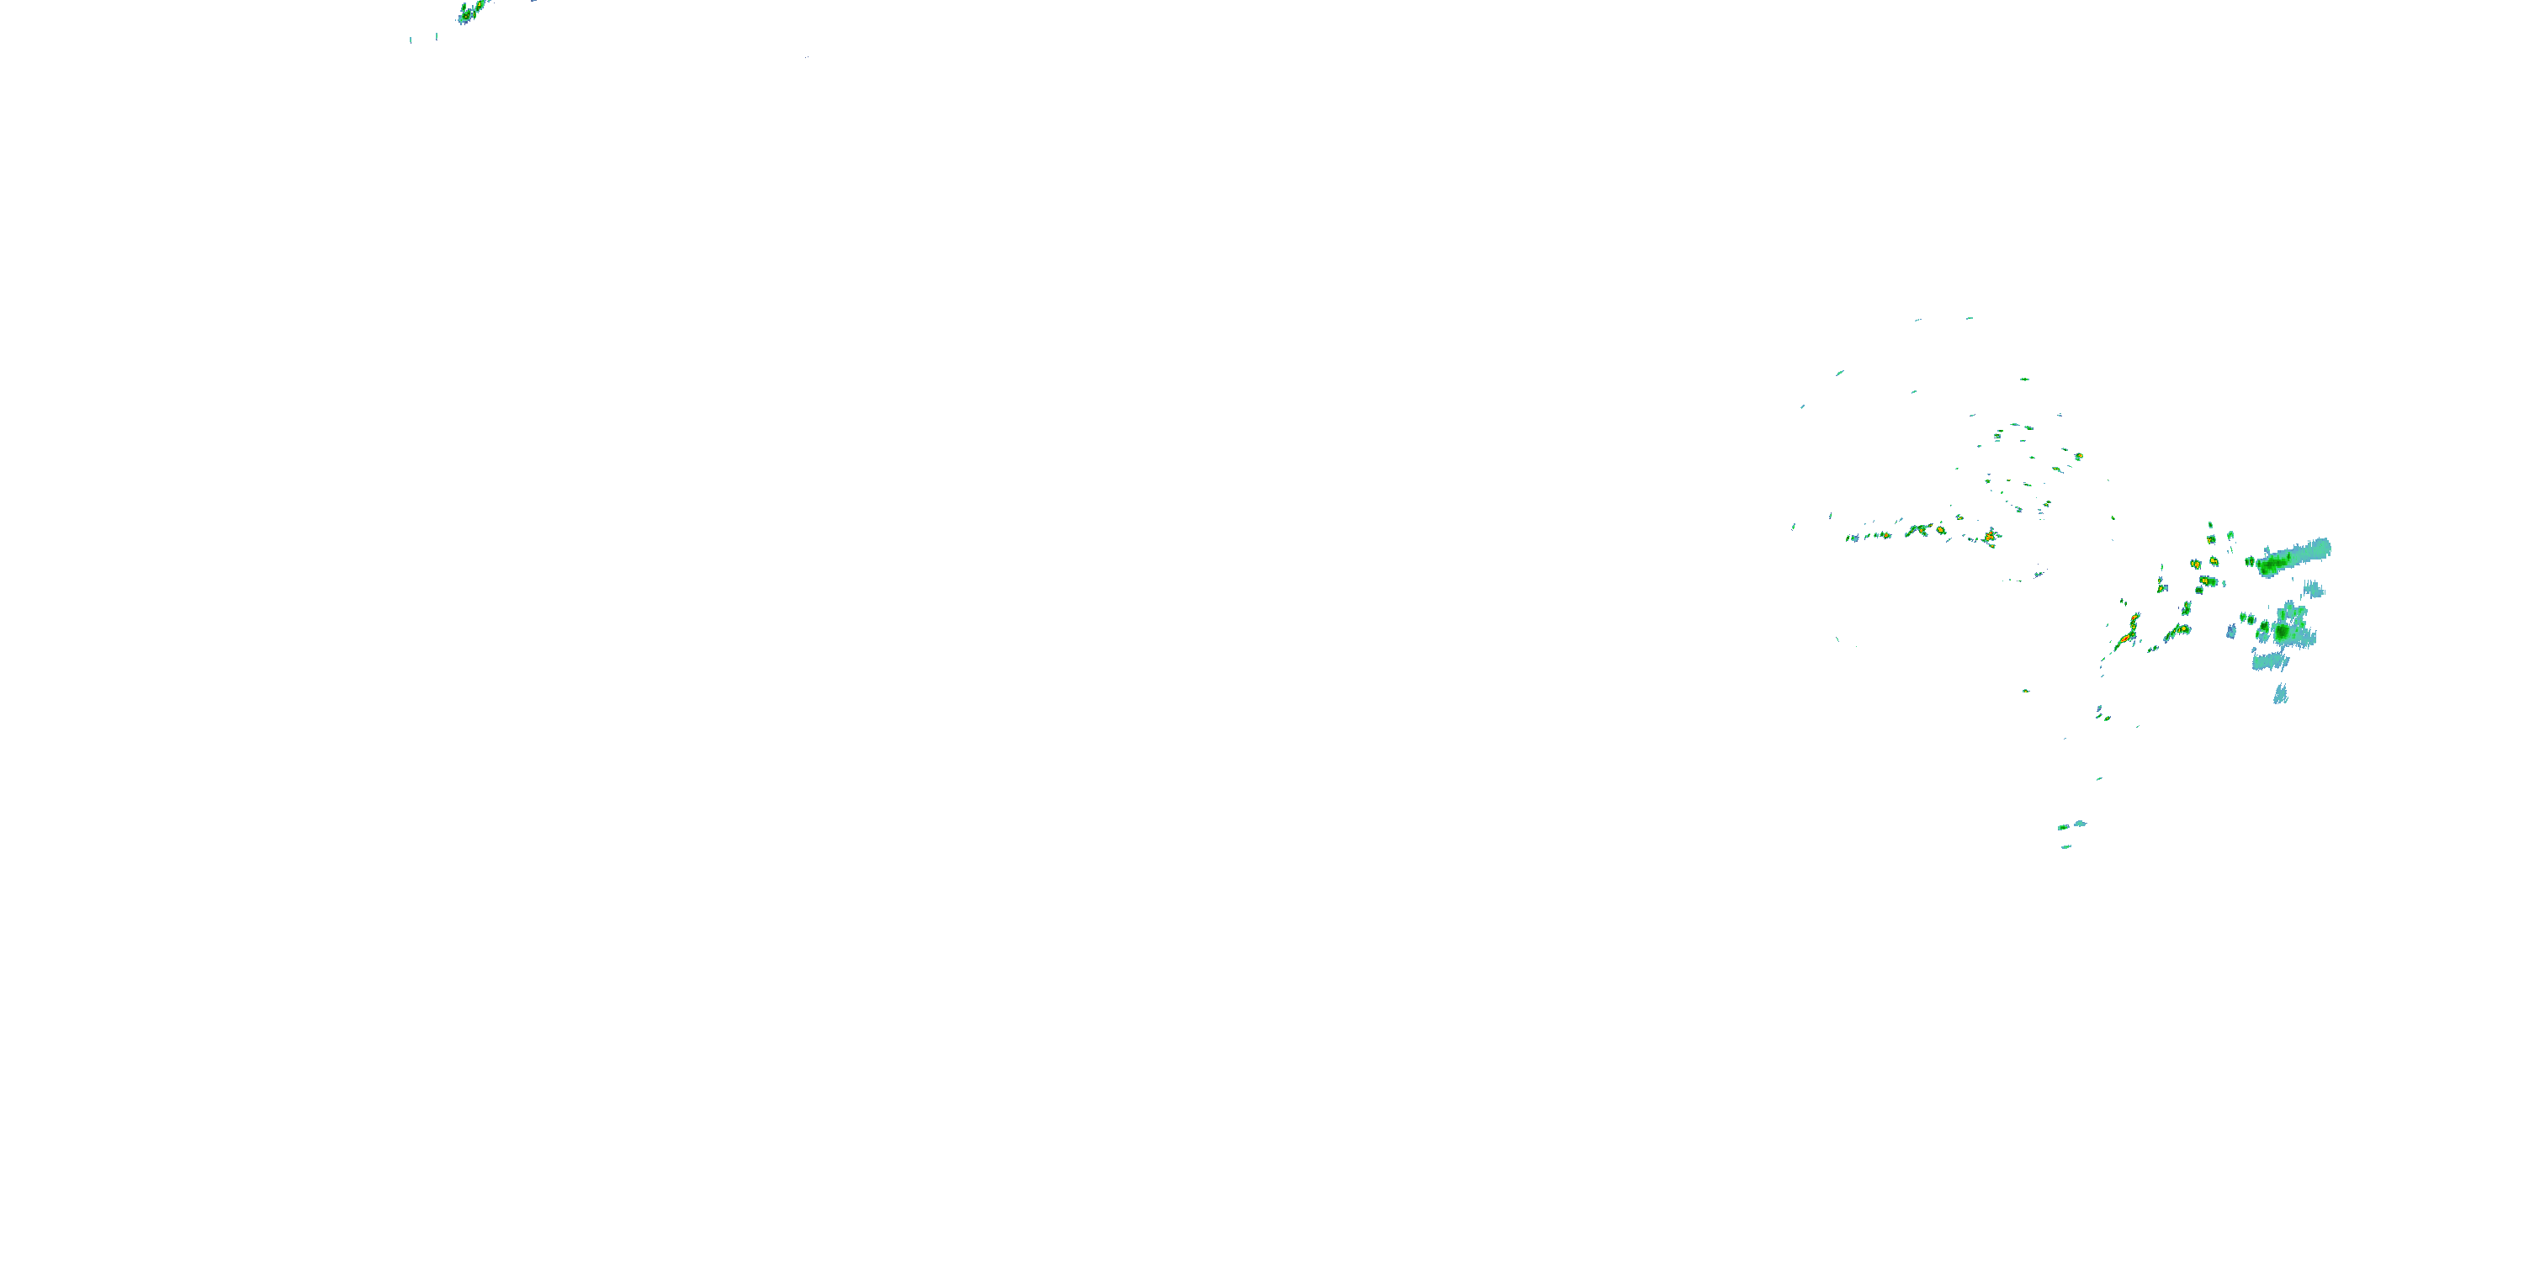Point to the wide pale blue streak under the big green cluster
coord(2269,662)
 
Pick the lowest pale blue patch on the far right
coord(2281,695)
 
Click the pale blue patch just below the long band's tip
coord(2315,589)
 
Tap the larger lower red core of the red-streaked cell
coord(2124,639)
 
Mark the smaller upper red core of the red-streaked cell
coord(2135,619)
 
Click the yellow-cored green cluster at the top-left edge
coord(471,12)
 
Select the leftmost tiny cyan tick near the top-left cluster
coord(411,40)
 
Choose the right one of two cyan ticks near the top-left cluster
coord(436,36)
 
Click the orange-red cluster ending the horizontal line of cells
coord(1990,536)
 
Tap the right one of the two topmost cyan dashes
coord(1970,317)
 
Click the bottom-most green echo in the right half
coord(2065,846)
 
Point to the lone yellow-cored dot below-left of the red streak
coord(2026,691)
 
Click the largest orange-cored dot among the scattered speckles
coord(2078,457)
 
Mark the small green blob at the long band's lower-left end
coord(2250,561)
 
